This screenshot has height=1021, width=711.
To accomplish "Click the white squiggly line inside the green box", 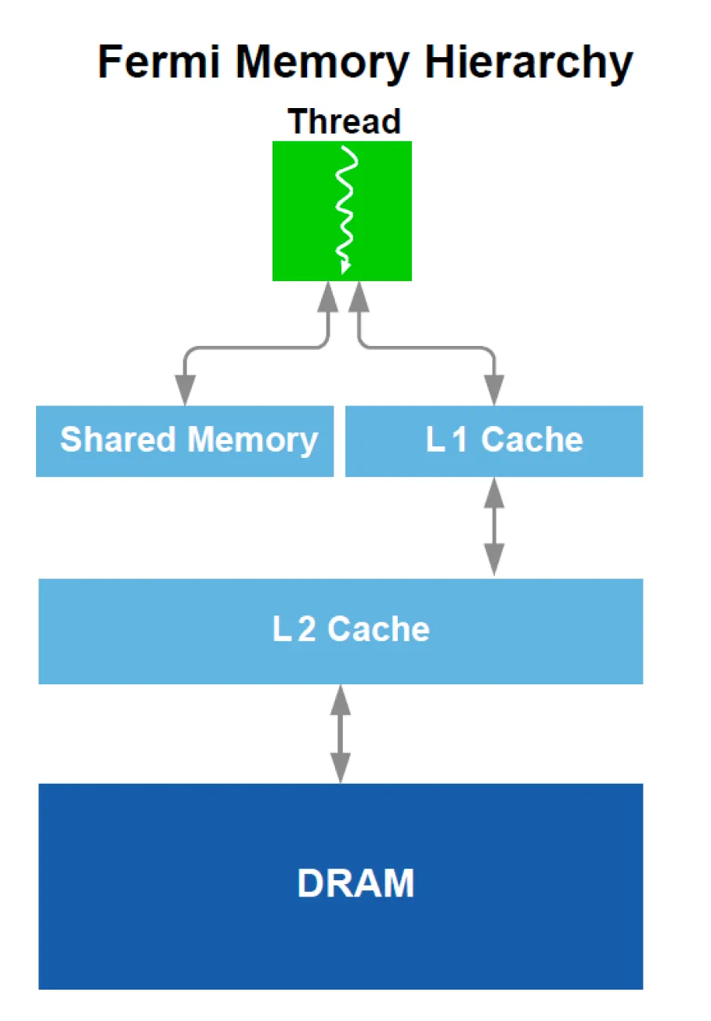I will pos(345,207).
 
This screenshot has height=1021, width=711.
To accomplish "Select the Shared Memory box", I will pos(185,441).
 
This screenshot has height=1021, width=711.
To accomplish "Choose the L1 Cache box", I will pos(494,441).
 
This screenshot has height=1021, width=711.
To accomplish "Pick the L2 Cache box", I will pos(341,630).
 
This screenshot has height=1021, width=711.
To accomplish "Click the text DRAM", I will pos(355,884).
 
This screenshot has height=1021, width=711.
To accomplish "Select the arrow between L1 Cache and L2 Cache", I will pos(494,526).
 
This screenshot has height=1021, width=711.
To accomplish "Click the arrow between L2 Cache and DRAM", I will pos(341,734).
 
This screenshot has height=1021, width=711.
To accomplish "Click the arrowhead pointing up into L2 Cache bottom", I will pos(341,699).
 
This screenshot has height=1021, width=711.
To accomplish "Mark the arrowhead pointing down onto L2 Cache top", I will pos(494,560).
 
